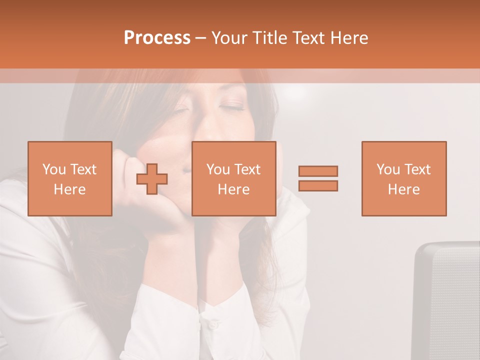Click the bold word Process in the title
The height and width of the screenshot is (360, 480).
tap(157, 38)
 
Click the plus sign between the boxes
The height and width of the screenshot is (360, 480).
tap(152, 179)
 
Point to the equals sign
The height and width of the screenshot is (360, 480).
tap(318, 178)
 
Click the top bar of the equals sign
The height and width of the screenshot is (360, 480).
tap(318, 171)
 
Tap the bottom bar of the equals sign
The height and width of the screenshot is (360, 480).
tap(318, 185)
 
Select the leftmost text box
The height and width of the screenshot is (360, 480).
tap(69, 178)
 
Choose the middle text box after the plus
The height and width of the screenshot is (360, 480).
tap(233, 178)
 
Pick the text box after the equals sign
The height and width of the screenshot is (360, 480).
tap(403, 178)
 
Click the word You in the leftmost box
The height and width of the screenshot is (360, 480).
tap(54, 169)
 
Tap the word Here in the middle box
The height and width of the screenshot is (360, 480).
tap(233, 189)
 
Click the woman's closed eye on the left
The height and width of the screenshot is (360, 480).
tap(180, 110)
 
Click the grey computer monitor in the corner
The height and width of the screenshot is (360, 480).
tap(447, 300)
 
